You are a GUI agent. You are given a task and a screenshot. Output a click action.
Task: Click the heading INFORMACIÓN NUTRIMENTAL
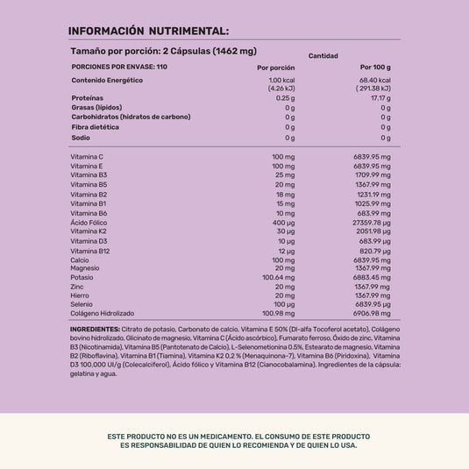click(x=149, y=32)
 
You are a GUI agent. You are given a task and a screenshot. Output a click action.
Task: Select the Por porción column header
click(x=275, y=68)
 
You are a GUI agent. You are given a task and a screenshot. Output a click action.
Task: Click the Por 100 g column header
click(x=375, y=68)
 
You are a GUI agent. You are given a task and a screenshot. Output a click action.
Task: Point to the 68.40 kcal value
click(x=373, y=81)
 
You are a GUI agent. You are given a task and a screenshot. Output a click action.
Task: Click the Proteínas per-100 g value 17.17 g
click(x=380, y=98)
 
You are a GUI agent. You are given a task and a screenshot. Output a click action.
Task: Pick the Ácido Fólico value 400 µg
click(x=282, y=222)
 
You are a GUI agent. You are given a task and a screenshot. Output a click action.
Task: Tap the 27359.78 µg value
click(x=367, y=222)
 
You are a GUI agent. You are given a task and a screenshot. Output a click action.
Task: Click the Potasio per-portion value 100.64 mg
click(x=278, y=277)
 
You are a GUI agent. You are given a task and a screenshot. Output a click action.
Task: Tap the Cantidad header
click(x=323, y=56)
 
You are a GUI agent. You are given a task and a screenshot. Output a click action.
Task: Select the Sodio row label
click(x=81, y=138)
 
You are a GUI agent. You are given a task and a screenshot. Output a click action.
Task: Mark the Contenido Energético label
click(x=107, y=81)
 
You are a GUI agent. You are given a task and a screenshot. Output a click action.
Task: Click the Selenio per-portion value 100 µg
click(x=284, y=304)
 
